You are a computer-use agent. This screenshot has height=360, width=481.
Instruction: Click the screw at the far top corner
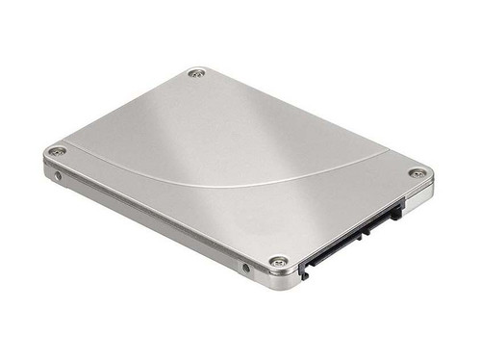tap(197, 73)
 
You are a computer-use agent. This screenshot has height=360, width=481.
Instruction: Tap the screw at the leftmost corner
tap(58, 152)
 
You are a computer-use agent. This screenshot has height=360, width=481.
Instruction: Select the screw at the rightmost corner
tap(418, 173)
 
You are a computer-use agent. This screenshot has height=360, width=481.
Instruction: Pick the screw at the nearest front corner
tap(278, 262)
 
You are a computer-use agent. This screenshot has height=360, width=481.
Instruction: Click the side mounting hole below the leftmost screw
tap(59, 176)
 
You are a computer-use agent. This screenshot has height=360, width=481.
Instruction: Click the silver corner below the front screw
tap(280, 282)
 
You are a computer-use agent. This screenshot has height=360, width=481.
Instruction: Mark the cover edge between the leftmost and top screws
tap(125, 111)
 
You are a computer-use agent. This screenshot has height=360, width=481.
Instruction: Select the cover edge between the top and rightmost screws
tap(308, 121)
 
